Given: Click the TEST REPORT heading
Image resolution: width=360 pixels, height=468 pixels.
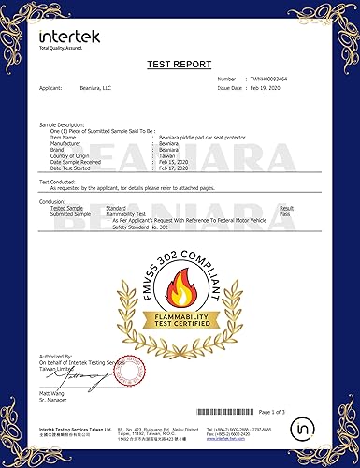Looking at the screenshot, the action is (180, 66).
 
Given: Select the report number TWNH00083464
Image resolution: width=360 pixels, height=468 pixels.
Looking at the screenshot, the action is (272, 80).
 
